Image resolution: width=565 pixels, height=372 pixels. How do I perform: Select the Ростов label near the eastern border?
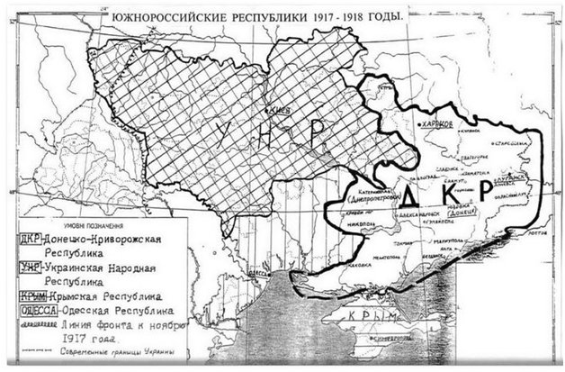[535, 231]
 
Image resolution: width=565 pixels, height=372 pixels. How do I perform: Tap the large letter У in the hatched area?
[226, 135]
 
